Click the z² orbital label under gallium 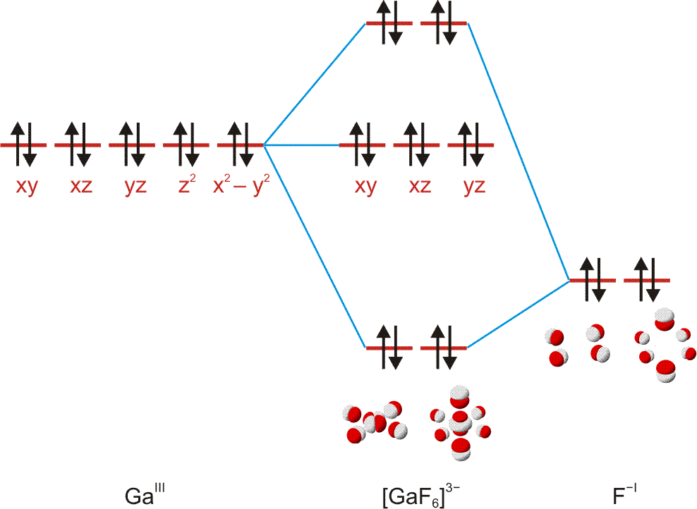[x=186, y=187]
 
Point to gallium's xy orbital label [x=24, y=188]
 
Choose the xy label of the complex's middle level [x=365, y=188]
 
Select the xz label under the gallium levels [x=78, y=188]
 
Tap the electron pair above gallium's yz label [x=133, y=145]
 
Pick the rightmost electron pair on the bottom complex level [x=443, y=348]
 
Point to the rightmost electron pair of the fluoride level [x=647, y=281]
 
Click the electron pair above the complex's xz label [x=417, y=145]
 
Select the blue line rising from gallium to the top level [x=315, y=84]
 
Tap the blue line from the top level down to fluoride [x=519, y=152]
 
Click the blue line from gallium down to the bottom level [x=315, y=246]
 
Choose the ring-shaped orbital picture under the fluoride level [x=664, y=345]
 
